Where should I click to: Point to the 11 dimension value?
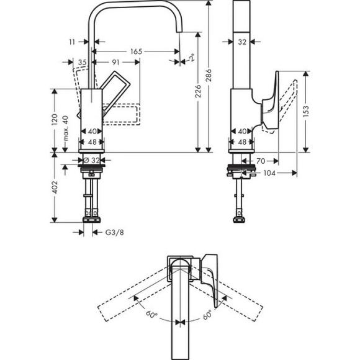pos(73,42)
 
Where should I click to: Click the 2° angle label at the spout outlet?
pos(192,58)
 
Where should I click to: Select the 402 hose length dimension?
pos(55,187)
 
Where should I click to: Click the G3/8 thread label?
pos(113,233)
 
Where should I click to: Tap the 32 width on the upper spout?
pos(243,42)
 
